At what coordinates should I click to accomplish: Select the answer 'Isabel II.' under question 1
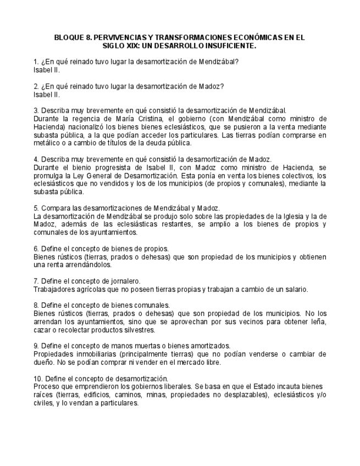(47, 70)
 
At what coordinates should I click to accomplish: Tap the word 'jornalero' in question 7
(125, 281)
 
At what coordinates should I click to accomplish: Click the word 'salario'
(293, 289)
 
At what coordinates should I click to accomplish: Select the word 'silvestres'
(137, 330)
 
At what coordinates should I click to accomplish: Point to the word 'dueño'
(45, 362)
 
